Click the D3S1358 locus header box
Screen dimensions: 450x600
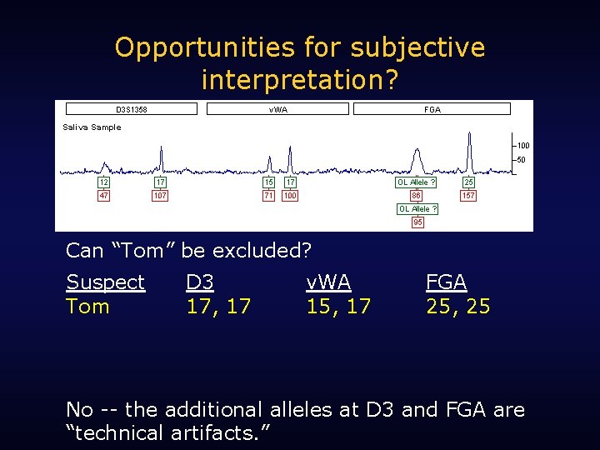132,109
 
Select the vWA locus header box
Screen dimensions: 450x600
277,109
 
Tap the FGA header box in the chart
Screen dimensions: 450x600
432,109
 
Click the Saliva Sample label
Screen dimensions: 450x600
92,127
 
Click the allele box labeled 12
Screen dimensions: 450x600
104,182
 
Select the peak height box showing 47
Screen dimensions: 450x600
104,196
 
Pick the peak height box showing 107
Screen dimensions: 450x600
160,196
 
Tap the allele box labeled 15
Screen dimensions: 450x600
268,182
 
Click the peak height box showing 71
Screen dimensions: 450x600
268,196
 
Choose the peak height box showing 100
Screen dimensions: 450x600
289,196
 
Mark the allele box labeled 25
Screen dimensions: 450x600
468,182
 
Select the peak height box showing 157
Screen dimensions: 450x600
468,196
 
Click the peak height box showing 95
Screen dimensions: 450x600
417,222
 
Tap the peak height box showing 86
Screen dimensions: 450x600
416,196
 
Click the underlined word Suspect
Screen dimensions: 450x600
105,282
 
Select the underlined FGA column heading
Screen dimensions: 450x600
446,282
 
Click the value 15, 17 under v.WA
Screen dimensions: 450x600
337,307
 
